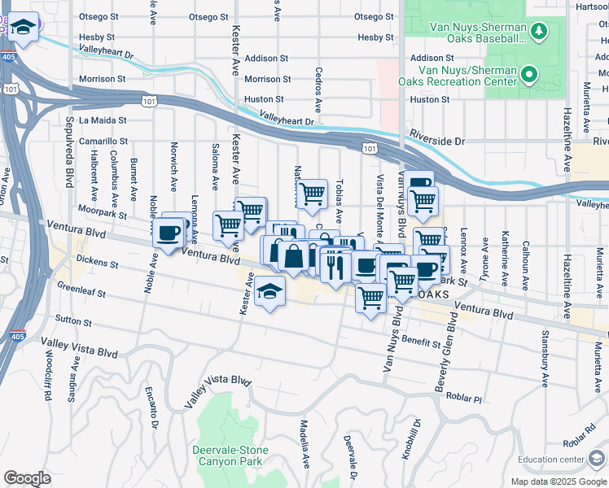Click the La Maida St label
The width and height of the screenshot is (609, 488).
(x=101, y=120)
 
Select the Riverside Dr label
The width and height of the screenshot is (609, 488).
(x=436, y=141)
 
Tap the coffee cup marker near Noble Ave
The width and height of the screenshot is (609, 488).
(x=169, y=234)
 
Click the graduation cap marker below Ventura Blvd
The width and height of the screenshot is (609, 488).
(x=269, y=293)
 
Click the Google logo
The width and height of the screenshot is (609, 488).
(x=27, y=478)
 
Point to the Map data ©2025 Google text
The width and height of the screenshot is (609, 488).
(x=559, y=481)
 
